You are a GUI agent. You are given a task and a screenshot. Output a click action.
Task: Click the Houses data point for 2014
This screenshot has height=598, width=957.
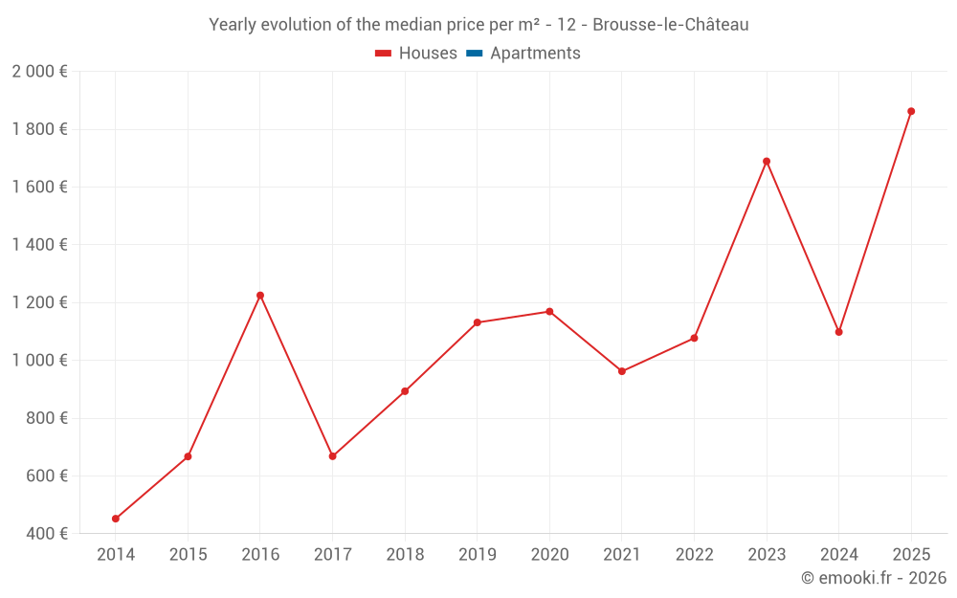116,519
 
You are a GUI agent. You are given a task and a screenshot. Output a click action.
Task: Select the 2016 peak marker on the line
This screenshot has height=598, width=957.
260,296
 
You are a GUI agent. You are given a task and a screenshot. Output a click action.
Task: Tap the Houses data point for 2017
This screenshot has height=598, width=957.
333,456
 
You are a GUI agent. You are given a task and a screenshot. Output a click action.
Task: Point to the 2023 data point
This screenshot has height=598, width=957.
767,162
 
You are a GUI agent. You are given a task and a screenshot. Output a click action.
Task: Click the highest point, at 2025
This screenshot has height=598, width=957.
911,111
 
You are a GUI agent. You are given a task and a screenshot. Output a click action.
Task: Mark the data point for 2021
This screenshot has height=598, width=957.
622,371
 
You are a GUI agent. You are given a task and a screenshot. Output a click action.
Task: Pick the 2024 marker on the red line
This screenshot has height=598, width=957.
839,332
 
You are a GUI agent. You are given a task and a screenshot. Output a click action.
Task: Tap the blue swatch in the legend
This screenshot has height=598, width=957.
474,54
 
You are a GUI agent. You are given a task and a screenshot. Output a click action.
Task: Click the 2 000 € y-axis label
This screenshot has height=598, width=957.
39,72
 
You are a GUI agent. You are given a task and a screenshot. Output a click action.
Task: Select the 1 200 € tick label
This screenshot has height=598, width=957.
39,302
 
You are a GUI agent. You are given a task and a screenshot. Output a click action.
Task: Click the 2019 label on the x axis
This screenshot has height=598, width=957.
478,554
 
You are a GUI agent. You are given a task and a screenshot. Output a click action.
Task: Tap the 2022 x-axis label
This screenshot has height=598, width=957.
695,554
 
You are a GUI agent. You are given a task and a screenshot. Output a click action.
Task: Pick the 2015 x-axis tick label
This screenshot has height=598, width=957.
188,554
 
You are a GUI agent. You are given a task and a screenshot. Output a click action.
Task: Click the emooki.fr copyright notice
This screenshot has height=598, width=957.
874,578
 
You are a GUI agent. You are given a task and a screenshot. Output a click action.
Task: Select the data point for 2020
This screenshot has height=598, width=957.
549,312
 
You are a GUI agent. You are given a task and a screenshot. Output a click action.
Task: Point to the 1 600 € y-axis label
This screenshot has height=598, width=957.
39,187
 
